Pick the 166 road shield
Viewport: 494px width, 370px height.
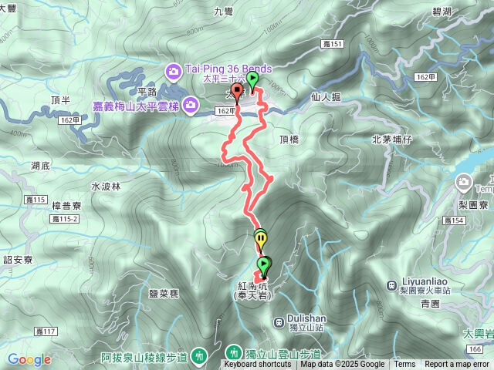pos(477,349)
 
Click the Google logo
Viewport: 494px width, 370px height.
pos(29,359)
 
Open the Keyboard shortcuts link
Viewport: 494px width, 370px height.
pos(258,365)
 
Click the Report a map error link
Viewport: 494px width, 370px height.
pos(458,365)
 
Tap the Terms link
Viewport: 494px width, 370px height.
pos(404,365)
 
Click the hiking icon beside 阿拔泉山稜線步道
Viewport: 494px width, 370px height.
pos(200,355)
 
